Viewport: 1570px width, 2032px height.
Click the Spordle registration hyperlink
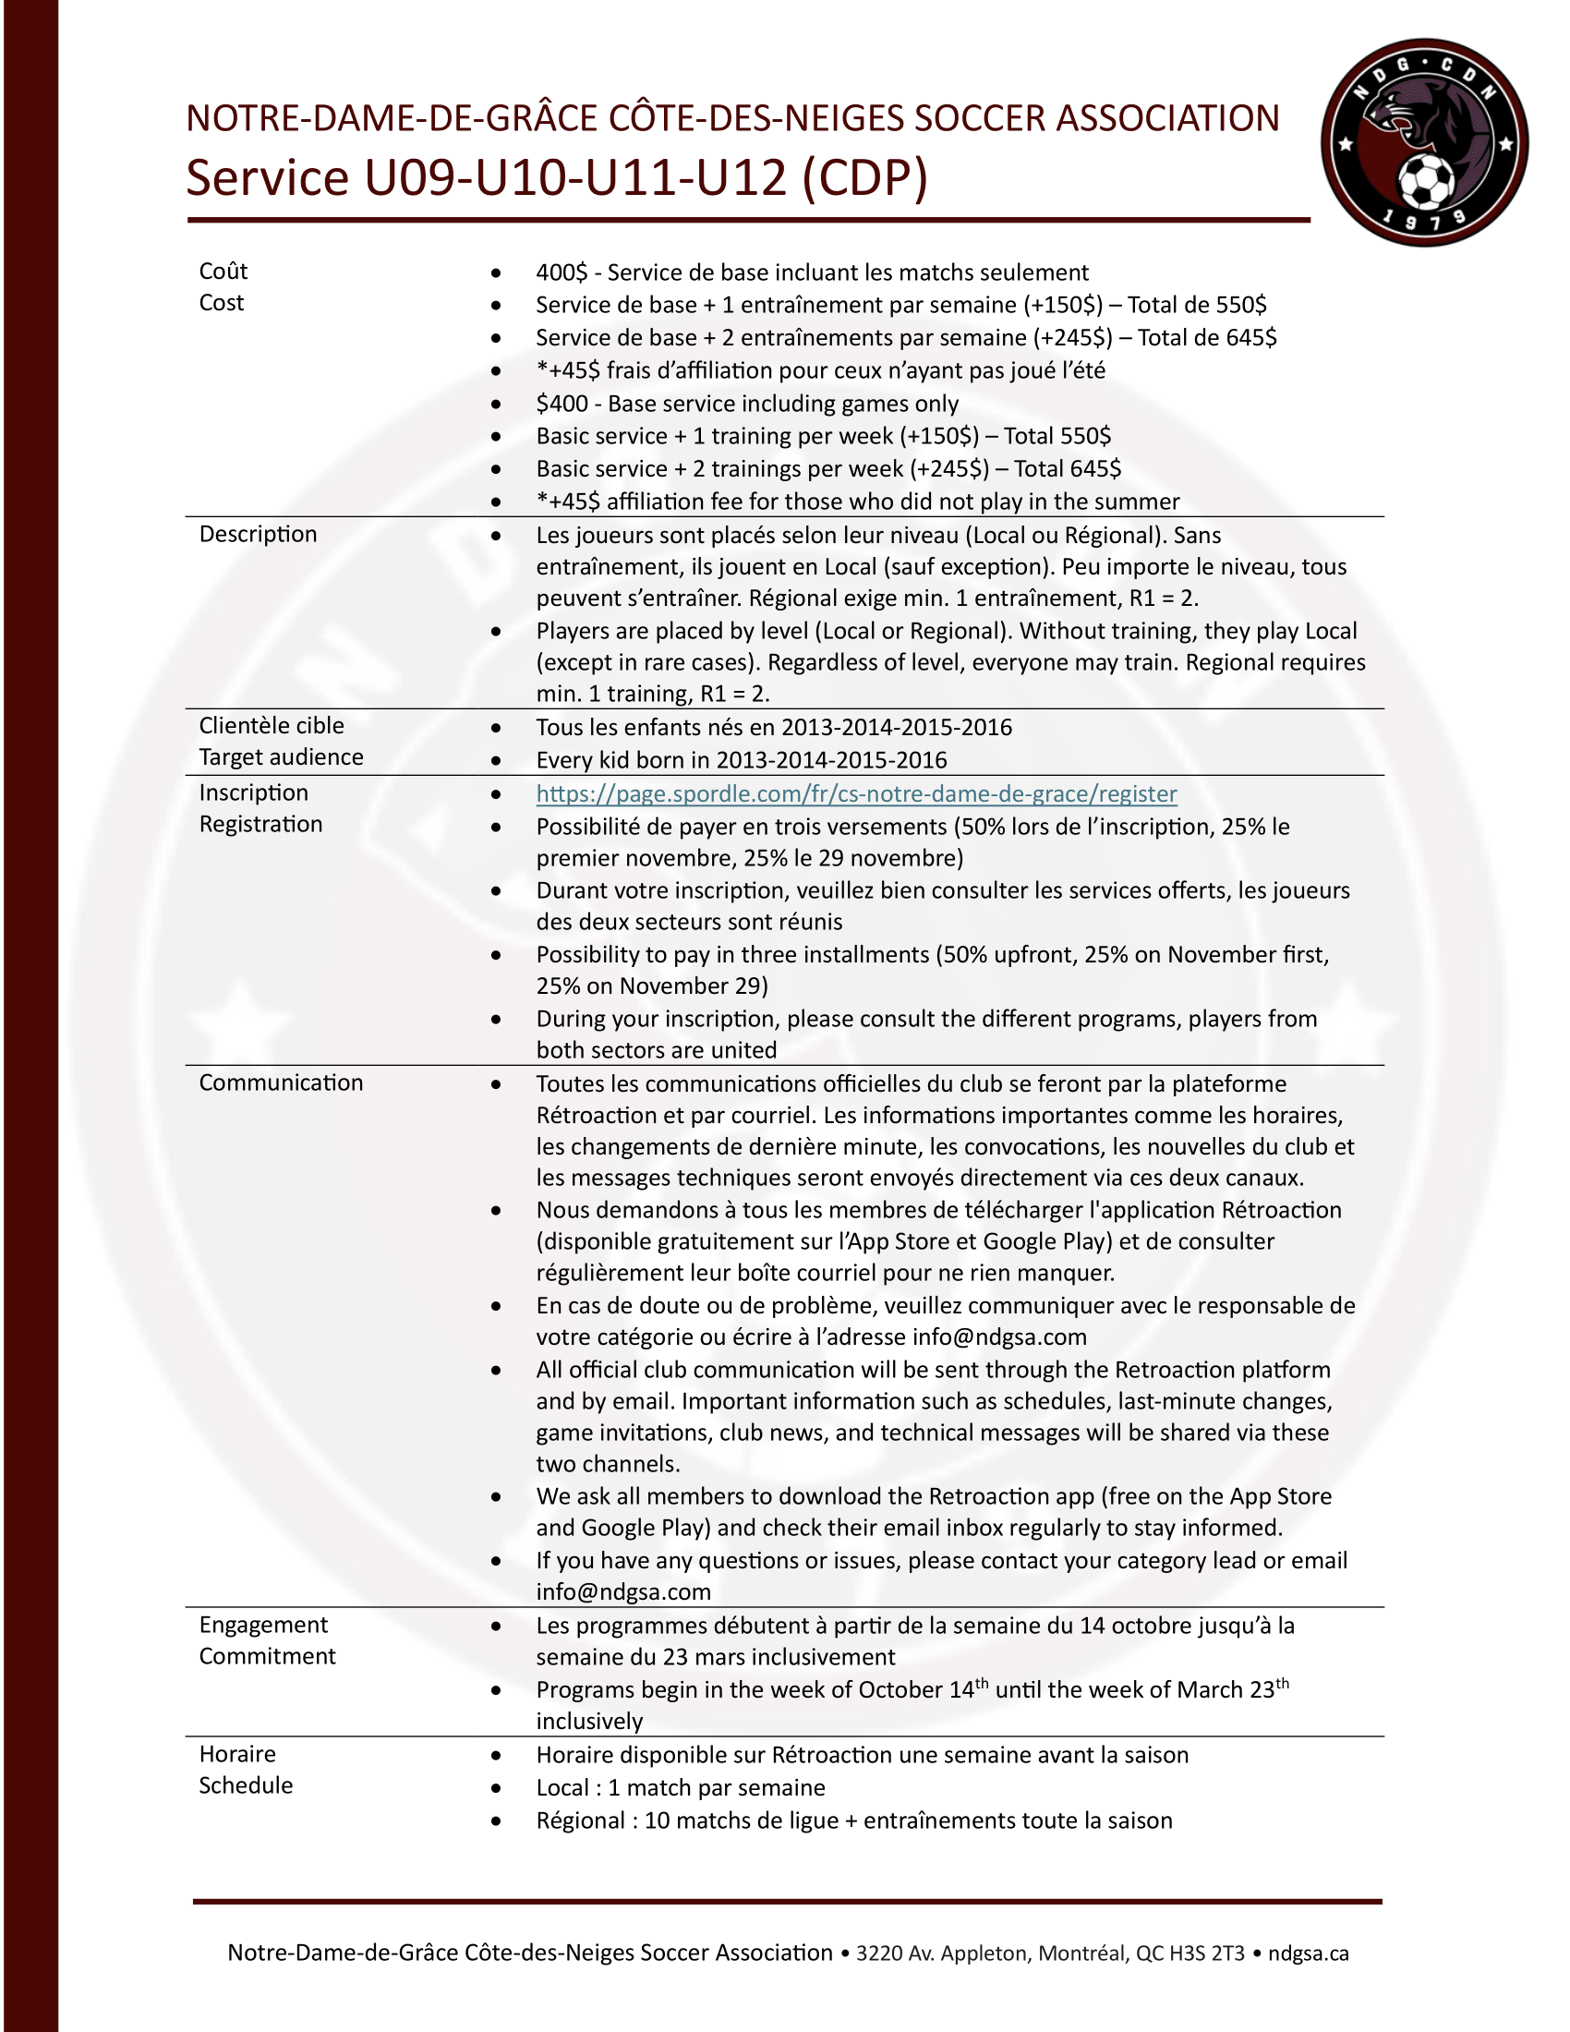856,793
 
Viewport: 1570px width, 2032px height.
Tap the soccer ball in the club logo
1426,180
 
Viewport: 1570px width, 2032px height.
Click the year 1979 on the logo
1423,221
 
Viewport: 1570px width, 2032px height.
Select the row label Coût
223,271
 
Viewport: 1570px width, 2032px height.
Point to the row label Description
258,534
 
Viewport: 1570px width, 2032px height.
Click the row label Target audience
281,756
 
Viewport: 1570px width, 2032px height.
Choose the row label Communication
281,1083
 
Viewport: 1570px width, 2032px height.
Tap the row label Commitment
267,1655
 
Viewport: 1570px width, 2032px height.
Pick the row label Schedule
246,1784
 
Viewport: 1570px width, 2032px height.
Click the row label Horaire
237,1753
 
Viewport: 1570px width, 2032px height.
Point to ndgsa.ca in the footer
1308,1953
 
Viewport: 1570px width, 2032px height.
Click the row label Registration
260,823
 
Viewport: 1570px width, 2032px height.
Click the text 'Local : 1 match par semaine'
680,1787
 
